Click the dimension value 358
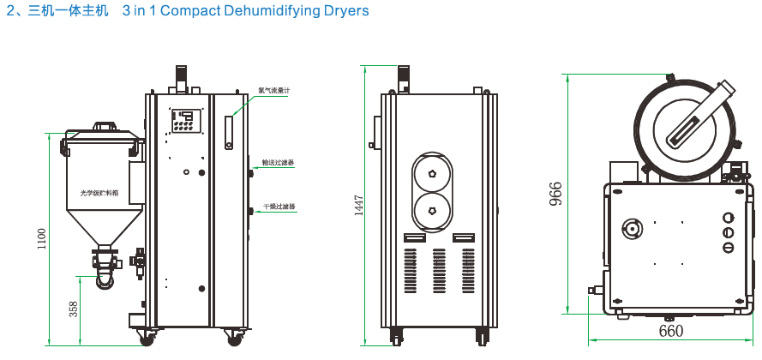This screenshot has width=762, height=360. pyautogui.click(x=74, y=309)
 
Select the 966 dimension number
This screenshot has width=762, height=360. pyautogui.click(x=555, y=195)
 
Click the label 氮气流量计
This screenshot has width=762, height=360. pyautogui.click(x=274, y=89)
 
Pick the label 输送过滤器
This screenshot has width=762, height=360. pyautogui.click(x=278, y=161)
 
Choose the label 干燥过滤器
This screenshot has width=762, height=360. pyautogui.click(x=279, y=207)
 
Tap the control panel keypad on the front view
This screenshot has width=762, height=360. pyautogui.click(x=186, y=121)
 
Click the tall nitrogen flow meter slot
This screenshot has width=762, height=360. pyautogui.click(x=229, y=133)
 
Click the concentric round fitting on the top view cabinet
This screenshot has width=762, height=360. pyautogui.click(x=633, y=228)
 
